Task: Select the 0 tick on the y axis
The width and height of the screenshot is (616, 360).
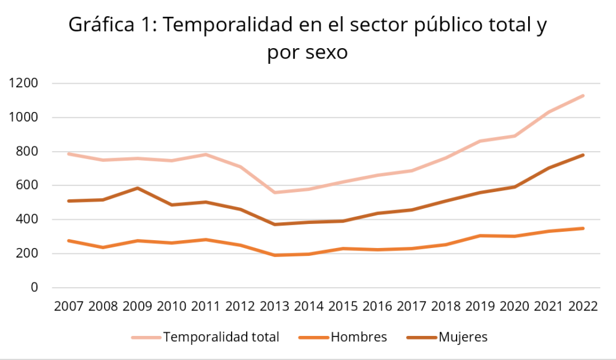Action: coord(34,288)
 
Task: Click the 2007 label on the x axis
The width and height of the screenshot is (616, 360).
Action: coord(69,306)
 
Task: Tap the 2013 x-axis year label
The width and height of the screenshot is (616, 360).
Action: coord(275,306)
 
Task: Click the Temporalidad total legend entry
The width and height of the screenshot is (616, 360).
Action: coord(221,337)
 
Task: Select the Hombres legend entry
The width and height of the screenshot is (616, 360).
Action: coord(359,337)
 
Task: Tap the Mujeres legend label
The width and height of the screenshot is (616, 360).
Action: coord(463,337)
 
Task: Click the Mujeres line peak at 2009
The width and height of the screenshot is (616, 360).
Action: coord(138,188)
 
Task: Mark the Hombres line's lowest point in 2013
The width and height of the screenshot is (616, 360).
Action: coord(275,255)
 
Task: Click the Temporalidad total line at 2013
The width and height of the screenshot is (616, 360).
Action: coord(275,193)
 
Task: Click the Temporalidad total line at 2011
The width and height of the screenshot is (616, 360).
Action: coord(206,154)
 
